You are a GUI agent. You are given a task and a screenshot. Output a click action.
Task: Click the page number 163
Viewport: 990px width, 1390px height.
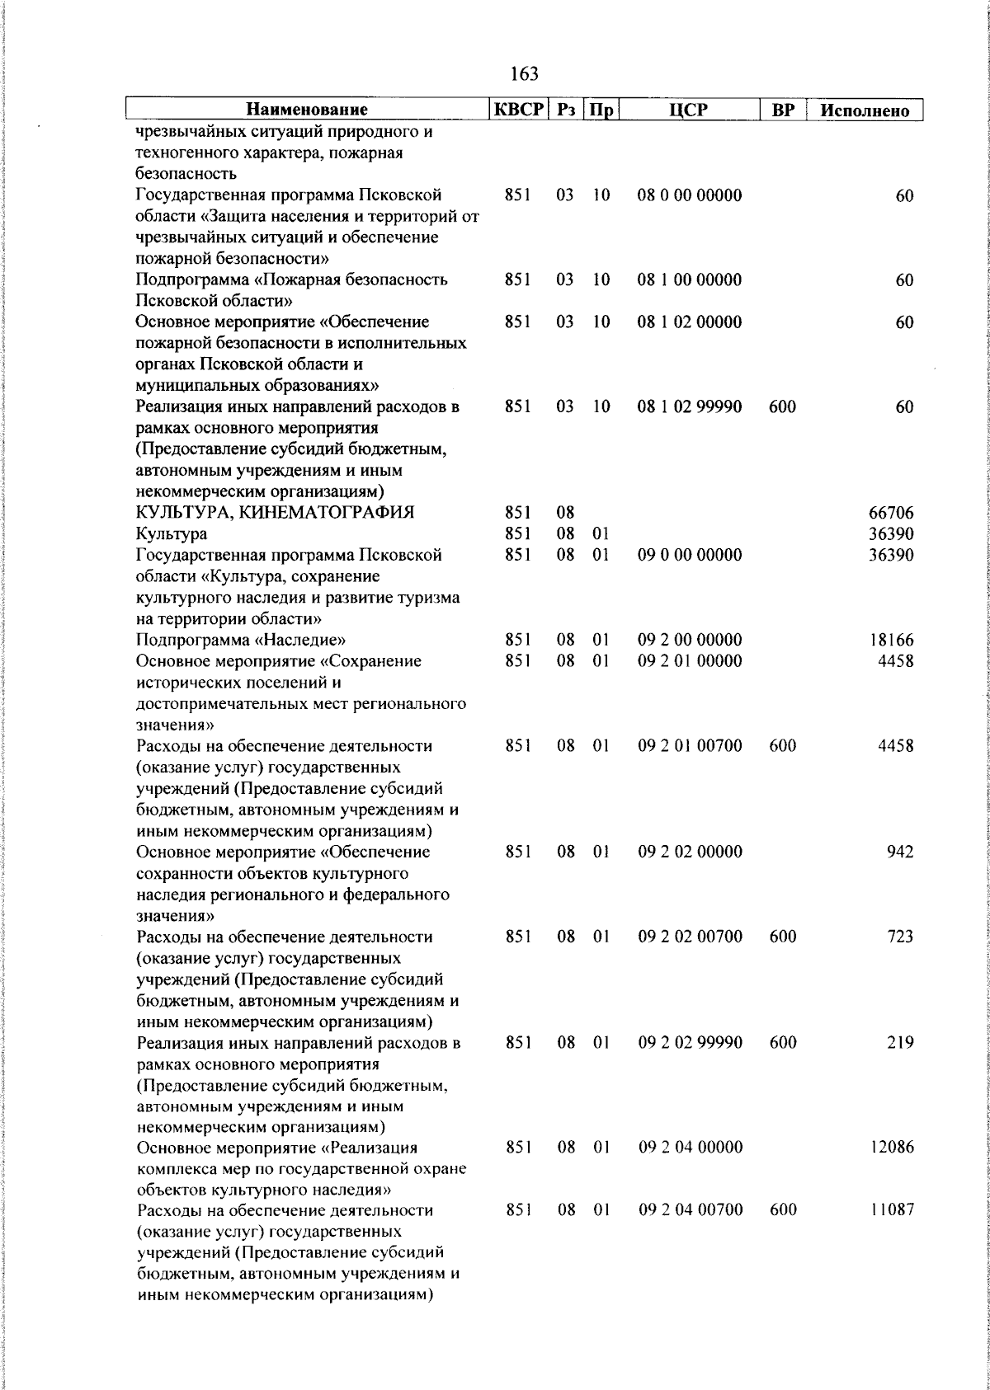click(525, 74)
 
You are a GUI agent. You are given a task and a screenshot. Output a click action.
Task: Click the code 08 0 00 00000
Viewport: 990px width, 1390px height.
click(689, 195)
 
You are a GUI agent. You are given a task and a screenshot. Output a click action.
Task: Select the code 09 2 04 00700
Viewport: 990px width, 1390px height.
click(690, 1210)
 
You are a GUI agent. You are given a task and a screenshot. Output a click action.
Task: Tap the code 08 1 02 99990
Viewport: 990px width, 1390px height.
click(689, 406)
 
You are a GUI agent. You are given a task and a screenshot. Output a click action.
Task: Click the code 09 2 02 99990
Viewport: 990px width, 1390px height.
click(690, 1042)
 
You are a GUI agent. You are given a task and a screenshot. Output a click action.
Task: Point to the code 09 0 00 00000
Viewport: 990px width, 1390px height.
click(690, 555)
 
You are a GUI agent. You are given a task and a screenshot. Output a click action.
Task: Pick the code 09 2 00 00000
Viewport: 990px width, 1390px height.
click(690, 640)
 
